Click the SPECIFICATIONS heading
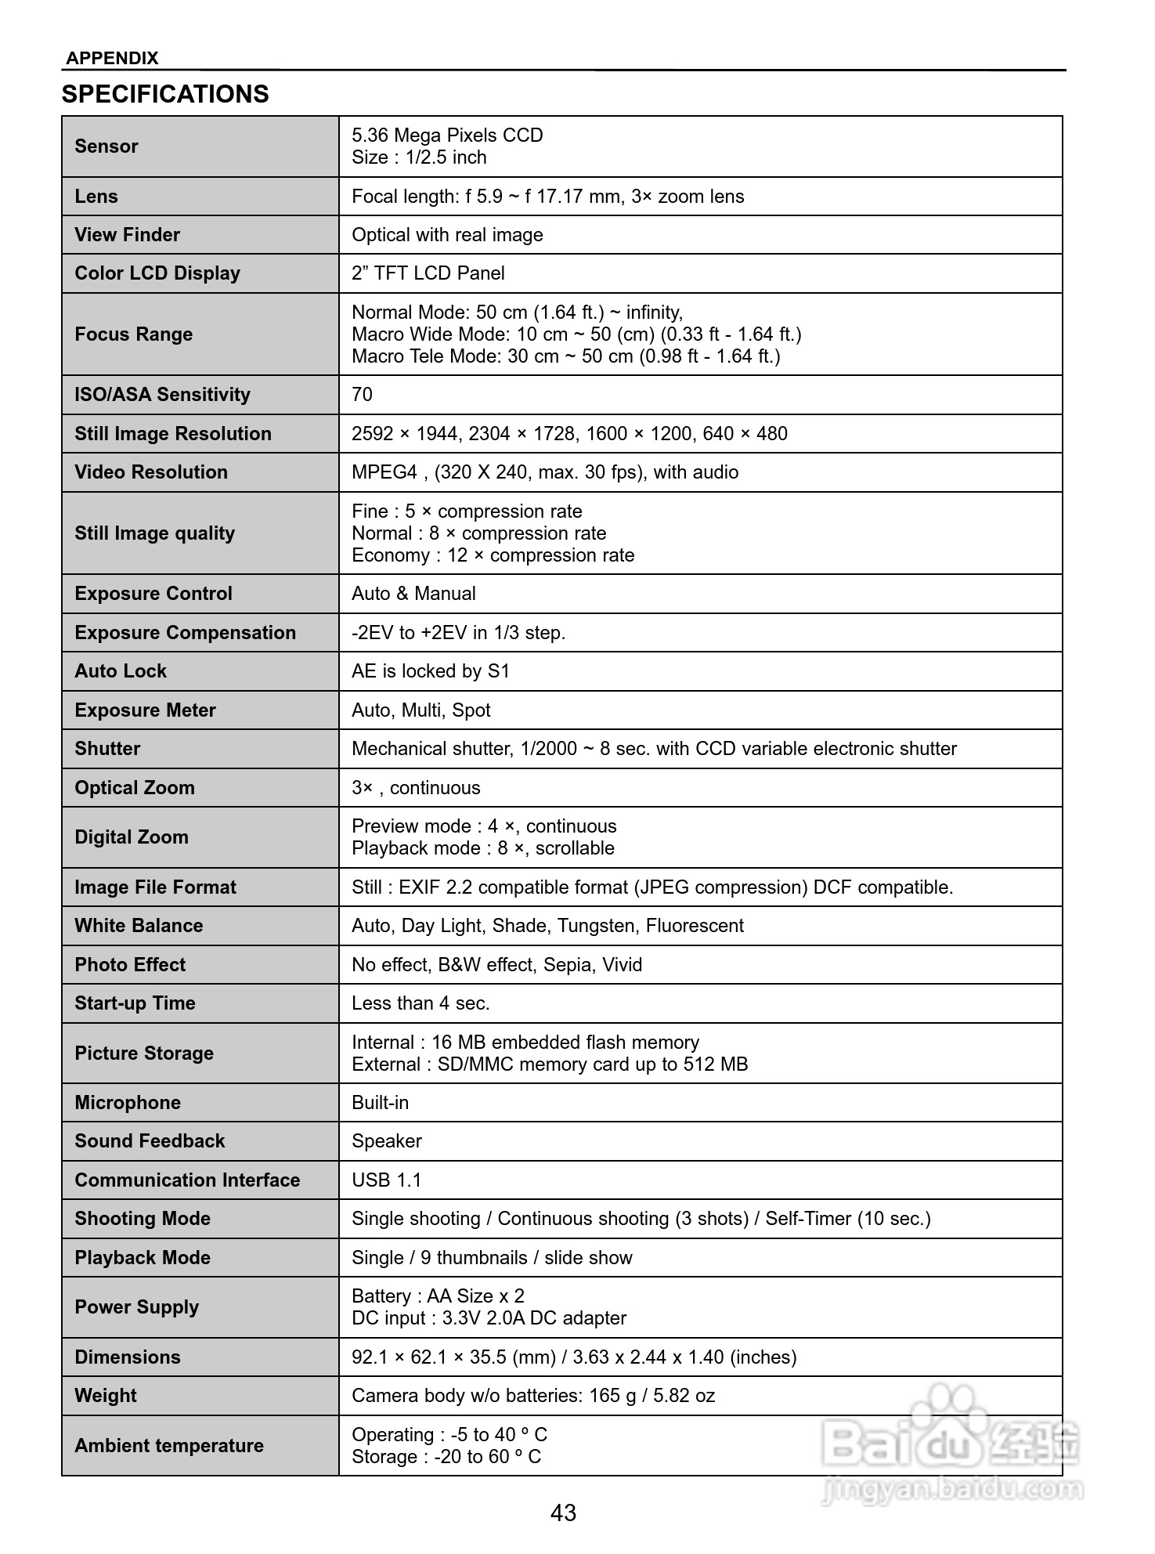(x=165, y=94)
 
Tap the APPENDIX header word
(x=112, y=58)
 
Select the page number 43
(x=563, y=1512)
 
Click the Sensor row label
(x=106, y=146)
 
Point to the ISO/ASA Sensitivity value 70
(x=362, y=395)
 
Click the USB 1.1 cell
(x=386, y=1180)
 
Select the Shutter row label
(x=107, y=749)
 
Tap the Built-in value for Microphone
(x=380, y=1103)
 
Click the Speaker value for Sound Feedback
(x=386, y=1141)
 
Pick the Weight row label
(x=106, y=1396)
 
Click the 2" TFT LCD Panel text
(x=428, y=273)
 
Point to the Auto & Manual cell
(x=413, y=594)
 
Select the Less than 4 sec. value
(x=420, y=1003)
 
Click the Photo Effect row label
(x=130, y=965)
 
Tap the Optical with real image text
(x=447, y=235)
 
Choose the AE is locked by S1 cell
(x=430, y=671)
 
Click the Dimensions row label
(x=128, y=1357)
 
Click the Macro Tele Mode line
(x=565, y=356)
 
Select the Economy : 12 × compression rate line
(x=493, y=555)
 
